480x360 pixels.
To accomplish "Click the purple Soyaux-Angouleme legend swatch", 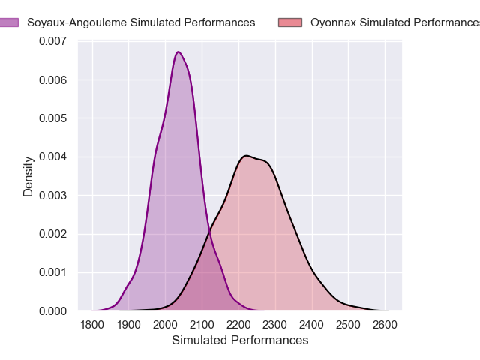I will tap(10, 22).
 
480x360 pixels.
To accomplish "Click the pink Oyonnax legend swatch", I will tap(292, 22).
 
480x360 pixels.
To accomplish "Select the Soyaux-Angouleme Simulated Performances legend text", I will tap(141, 22).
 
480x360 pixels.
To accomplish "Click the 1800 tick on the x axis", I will tap(92, 325).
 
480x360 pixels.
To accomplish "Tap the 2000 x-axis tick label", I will tap(166, 325).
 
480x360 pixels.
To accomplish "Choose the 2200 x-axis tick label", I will tap(238, 325).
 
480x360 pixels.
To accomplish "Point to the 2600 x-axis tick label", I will tap(385, 325).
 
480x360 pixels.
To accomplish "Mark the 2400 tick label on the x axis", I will tap(312, 325).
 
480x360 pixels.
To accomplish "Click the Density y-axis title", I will tap(28, 176).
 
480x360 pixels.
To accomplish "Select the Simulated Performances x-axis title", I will tap(240, 340).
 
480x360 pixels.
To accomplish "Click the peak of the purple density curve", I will tap(178, 52).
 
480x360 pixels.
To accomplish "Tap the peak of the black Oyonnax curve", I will tap(246, 156).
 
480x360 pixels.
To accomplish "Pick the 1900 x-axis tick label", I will tap(129, 325).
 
